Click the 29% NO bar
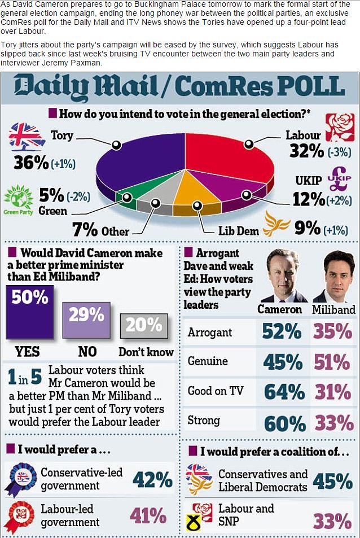pyautogui.click(x=86, y=321)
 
